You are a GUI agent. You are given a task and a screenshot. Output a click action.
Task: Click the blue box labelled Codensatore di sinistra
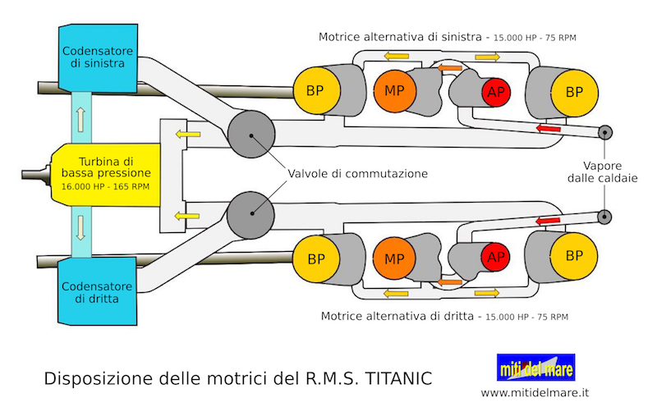tap(92, 57)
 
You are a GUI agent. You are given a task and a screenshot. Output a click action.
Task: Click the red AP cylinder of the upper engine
tap(494, 92)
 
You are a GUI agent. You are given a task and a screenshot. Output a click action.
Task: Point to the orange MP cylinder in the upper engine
tap(389, 89)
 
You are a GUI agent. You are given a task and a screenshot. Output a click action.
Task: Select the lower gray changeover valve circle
tap(250, 213)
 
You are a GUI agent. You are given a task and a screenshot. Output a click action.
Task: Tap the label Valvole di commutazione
tap(357, 174)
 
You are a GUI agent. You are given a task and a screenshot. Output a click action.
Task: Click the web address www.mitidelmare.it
tap(535, 393)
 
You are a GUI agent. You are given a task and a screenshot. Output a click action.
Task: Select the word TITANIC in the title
tap(397, 379)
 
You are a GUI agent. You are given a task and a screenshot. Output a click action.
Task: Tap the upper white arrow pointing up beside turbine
tap(80, 118)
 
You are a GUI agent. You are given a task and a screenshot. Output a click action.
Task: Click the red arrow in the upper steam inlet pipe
tap(549, 128)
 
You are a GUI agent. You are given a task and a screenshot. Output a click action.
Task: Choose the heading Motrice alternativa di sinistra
tap(404, 37)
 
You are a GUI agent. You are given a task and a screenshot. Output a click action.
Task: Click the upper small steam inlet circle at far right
tap(605, 132)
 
